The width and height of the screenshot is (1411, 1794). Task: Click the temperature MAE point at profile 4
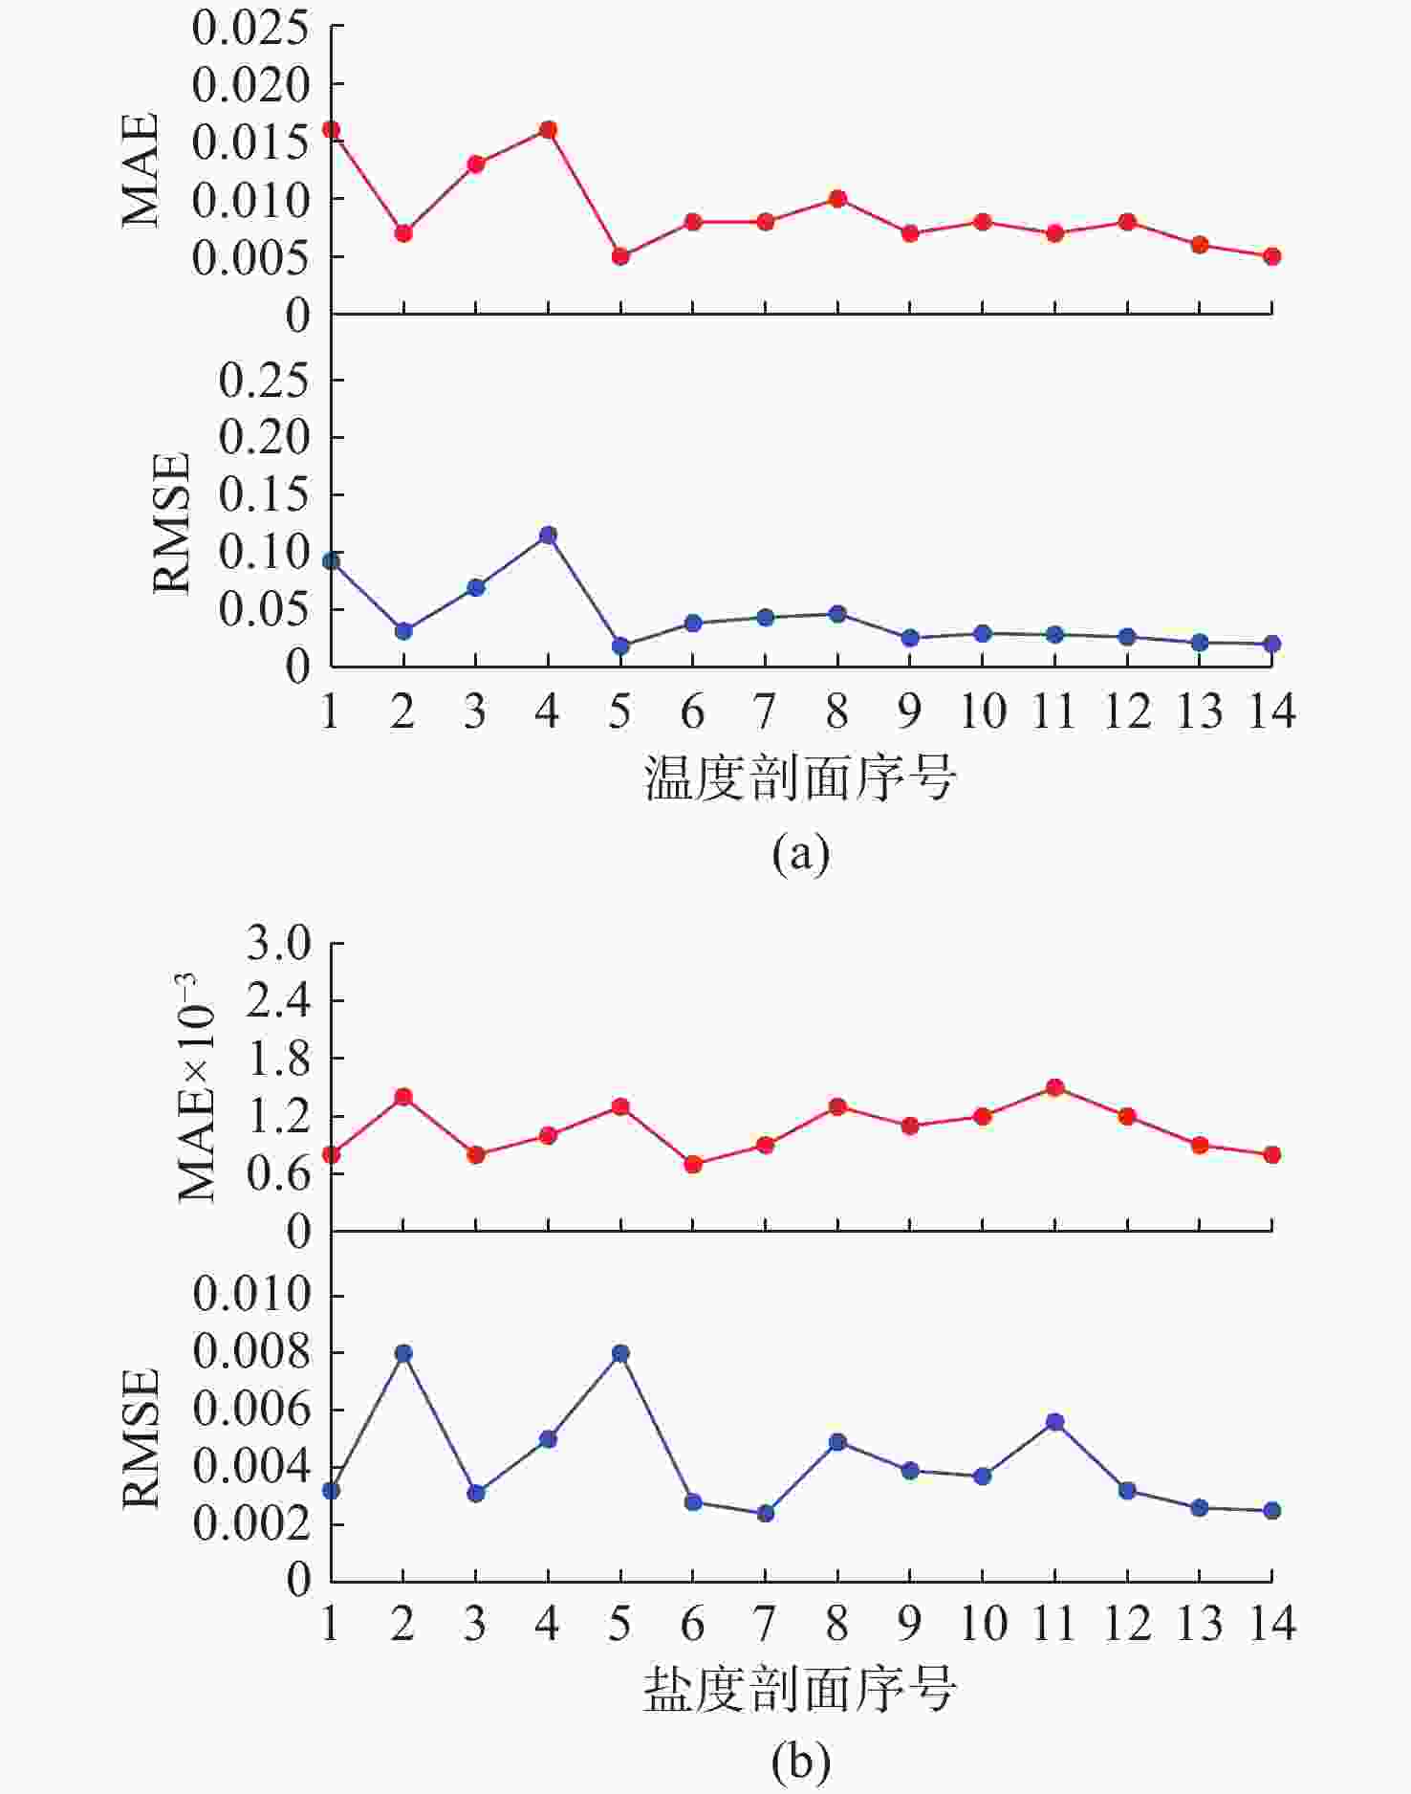tap(548, 130)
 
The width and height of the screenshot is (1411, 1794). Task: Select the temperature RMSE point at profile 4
tap(548, 535)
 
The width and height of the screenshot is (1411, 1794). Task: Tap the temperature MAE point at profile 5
tap(620, 256)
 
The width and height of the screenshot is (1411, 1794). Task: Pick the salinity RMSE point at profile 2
tap(403, 1353)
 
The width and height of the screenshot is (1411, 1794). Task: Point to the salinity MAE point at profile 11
tap(1055, 1087)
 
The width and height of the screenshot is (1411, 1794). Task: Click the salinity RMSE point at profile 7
tap(766, 1514)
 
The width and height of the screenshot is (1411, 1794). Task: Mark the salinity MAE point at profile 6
tap(693, 1164)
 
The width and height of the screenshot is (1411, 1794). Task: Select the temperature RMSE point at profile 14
tap(1272, 644)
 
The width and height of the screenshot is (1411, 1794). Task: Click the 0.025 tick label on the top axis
tap(251, 28)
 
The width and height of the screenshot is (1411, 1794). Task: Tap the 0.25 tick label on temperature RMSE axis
tap(265, 381)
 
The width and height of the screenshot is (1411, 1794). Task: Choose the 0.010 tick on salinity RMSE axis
tap(252, 1295)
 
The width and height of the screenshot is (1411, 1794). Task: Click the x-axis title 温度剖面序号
tap(800, 777)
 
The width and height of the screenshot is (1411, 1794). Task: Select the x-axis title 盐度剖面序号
tap(800, 1689)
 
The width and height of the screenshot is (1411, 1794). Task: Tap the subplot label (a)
tap(801, 851)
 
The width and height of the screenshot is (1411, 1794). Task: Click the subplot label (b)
tap(801, 1761)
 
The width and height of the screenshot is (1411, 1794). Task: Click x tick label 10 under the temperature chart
tap(983, 711)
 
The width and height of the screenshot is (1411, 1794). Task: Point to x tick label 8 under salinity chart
tap(837, 1624)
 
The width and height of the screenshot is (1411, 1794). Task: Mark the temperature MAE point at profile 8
tap(837, 199)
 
